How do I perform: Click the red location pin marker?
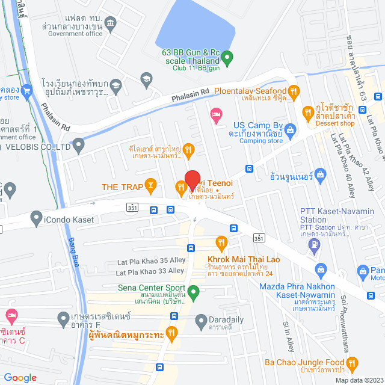[192, 180]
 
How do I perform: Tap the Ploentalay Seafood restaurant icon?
[294, 91]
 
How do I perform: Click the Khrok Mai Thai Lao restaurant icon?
[221, 243]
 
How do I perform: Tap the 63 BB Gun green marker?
[227, 58]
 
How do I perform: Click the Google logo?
[20, 377]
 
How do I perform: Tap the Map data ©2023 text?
[359, 380]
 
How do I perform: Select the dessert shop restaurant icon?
[308, 111]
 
